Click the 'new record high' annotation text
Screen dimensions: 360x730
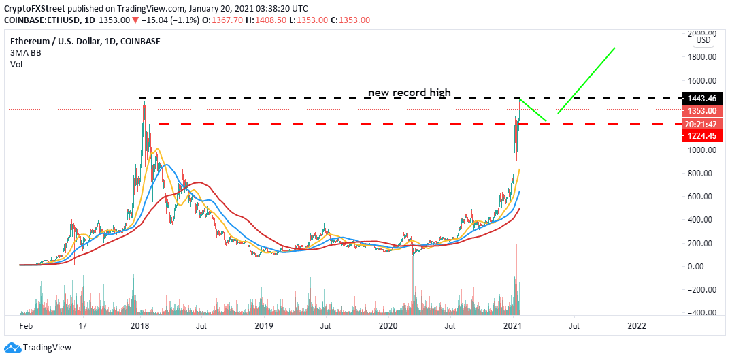[x=409, y=93]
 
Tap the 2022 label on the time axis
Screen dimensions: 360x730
[x=637, y=326]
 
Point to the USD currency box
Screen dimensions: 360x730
[x=703, y=40]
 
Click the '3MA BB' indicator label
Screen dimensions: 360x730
[x=23, y=53]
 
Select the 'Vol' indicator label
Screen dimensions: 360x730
[x=16, y=65]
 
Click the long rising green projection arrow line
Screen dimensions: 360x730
[x=586, y=80]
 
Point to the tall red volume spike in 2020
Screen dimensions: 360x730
[x=412, y=286]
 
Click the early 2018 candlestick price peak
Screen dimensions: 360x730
[x=144, y=105]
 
